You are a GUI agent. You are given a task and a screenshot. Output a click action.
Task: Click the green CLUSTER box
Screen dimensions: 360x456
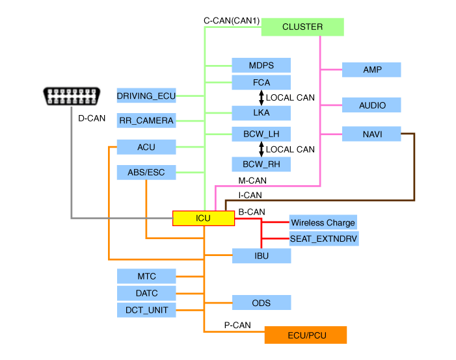tap(302, 27)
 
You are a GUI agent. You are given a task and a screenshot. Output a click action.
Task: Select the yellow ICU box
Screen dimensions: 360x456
tap(203, 218)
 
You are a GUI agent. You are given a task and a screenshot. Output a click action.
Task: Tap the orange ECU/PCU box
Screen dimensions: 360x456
tap(306, 335)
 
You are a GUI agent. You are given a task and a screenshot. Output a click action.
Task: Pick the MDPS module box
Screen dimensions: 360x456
tap(261, 65)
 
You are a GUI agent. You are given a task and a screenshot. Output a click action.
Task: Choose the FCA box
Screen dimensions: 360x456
tap(261, 83)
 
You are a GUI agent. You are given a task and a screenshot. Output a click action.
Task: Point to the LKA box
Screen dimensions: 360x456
tap(261, 112)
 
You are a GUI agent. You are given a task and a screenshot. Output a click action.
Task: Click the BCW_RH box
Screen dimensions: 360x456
tap(261, 164)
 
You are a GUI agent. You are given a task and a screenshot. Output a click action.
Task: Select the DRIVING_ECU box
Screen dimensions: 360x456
tap(146, 96)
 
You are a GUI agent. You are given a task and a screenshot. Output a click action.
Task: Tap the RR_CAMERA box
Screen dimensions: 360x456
tap(146, 120)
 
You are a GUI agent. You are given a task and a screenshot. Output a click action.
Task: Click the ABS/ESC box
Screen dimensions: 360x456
tap(146, 173)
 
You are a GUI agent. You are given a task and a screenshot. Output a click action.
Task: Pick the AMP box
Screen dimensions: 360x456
tap(372, 70)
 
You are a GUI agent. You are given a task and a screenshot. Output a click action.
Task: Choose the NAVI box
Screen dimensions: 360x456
tap(372, 135)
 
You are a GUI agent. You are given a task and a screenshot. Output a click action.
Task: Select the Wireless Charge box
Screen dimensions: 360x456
tap(323, 222)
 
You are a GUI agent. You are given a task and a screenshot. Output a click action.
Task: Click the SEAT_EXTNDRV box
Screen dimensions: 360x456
tap(323, 238)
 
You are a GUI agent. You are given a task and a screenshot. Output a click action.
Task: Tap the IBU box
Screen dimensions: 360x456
tap(261, 256)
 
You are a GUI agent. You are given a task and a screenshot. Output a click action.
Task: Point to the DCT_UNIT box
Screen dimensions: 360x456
tap(146, 310)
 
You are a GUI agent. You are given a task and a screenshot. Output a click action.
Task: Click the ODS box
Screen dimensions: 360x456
tap(261, 303)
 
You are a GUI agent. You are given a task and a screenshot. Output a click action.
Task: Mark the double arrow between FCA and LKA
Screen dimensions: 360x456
tap(261, 97)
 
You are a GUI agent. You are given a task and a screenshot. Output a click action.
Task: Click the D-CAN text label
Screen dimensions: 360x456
tap(92, 119)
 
